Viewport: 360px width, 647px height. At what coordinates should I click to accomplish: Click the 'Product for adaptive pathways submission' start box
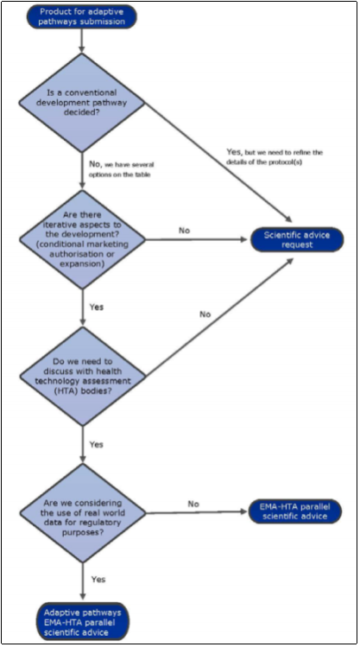coord(83,16)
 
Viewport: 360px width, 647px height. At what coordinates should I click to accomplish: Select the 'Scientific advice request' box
coord(297,240)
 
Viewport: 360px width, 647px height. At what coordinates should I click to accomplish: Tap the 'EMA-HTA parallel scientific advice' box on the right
coord(295,511)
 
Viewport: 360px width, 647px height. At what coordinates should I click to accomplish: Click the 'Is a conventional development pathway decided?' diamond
coord(83,103)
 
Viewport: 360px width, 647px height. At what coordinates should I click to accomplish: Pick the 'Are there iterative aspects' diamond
coord(83,240)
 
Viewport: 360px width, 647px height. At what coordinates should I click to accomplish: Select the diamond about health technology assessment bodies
coord(83,377)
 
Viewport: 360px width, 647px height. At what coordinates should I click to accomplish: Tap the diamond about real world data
coord(83,513)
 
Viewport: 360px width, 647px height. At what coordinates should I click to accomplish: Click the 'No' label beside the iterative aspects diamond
coord(185,231)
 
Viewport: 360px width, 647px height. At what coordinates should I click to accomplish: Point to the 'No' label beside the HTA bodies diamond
coord(205,314)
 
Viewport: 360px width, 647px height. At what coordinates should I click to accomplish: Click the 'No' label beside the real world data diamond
coord(193,504)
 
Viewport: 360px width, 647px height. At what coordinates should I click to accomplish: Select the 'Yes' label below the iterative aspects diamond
coord(97,308)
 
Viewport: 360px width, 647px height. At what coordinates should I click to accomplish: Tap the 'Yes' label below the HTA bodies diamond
coord(97,445)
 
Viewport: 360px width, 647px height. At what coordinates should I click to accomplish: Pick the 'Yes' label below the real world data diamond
coord(98,580)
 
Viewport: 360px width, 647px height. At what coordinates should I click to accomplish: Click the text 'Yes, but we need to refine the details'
coord(275,156)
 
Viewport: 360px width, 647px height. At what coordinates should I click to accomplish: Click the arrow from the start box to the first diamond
coord(83,41)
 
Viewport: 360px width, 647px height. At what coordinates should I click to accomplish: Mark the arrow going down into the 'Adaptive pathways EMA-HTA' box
coord(83,582)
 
